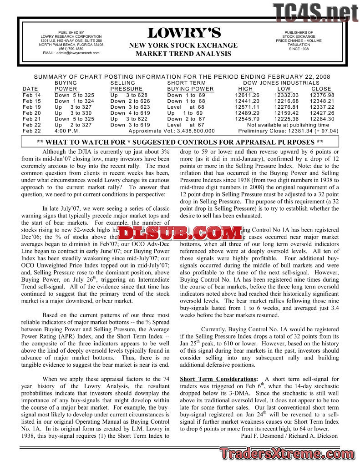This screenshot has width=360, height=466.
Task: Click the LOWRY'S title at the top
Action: pos(183,33)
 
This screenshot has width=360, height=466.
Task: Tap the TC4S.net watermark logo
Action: pos(315,11)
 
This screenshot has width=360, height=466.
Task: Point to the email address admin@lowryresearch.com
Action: pos(77,53)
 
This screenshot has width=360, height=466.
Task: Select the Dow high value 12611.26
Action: pos(247,95)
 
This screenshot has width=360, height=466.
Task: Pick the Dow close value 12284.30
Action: pos(322,119)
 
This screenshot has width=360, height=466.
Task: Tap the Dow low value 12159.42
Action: pos(286,113)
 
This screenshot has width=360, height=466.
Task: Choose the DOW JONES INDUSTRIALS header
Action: pos(281,83)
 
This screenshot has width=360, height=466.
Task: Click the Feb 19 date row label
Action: pos(31,107)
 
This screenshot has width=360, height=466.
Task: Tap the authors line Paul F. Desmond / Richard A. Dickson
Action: pos(289,436)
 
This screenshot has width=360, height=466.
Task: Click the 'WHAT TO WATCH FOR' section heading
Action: pos(180,142)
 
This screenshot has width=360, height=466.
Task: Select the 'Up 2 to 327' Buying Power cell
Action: pos(73,125)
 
